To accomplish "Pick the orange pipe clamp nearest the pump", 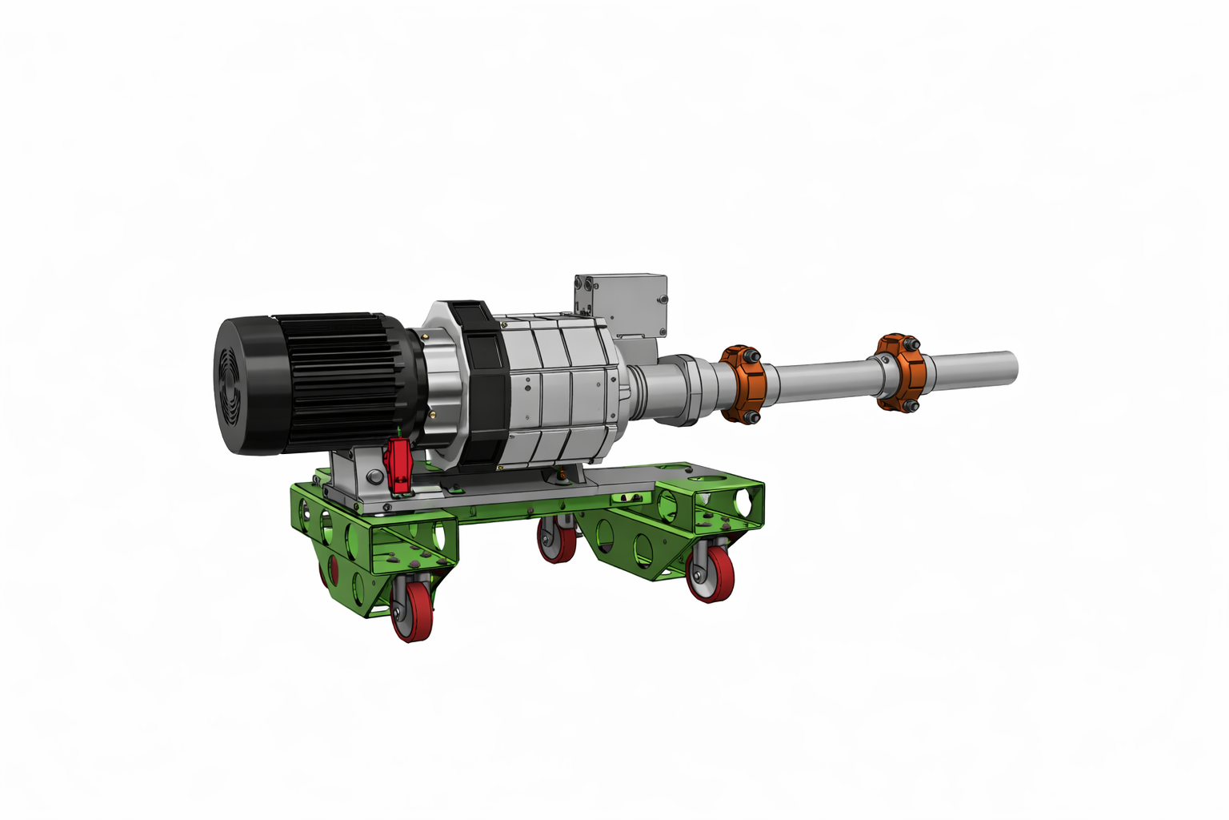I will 744,384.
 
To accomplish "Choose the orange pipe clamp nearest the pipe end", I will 901,372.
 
